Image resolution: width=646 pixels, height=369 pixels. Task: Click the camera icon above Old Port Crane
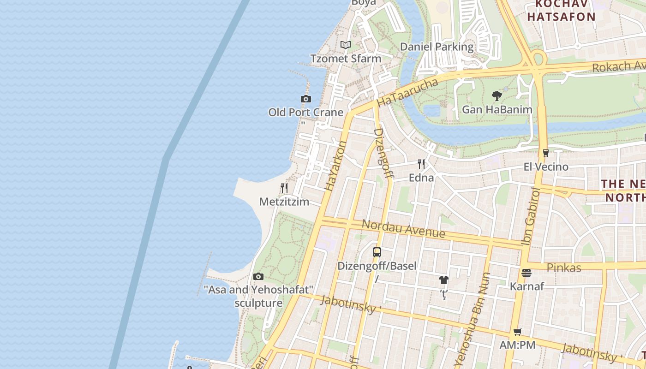click(x=305, y=99)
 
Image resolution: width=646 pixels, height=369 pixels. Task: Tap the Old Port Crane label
click(x=305, y=112)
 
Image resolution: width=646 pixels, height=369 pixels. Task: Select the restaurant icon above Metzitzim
click(x=284, y=188)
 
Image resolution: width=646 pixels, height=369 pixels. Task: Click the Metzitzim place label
click(x=284, y=202)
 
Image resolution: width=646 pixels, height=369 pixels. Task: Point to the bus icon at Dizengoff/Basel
click(x=377, y=252)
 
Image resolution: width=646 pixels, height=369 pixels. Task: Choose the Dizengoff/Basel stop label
click(x=377, y=266)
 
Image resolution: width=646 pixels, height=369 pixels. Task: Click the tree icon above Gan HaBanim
click(x=497, y=96)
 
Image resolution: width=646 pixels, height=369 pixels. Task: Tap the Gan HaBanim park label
click(x=497, y=110)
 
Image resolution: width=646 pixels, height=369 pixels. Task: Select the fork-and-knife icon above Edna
click(x=421, y=164)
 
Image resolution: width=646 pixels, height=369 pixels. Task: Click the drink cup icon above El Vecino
click(x=546, y=153)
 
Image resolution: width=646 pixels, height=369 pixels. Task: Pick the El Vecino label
click(x=546, y=167)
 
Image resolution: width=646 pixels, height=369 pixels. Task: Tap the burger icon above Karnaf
click(x=526, y=273)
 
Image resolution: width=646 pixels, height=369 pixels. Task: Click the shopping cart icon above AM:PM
click(x=518, y=332)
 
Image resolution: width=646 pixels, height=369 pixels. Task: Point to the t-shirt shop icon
click(x=443, y=280)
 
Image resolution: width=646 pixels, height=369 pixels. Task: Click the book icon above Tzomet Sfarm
click(x=346, y=45)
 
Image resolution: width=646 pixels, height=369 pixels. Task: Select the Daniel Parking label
click(x=437, y=47)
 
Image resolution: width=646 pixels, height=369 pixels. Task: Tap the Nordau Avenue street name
click(x=403, y=229)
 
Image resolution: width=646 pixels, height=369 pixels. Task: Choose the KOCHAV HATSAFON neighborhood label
click(x=561, y=11)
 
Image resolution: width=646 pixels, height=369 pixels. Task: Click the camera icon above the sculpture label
click(x=258, y=277)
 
